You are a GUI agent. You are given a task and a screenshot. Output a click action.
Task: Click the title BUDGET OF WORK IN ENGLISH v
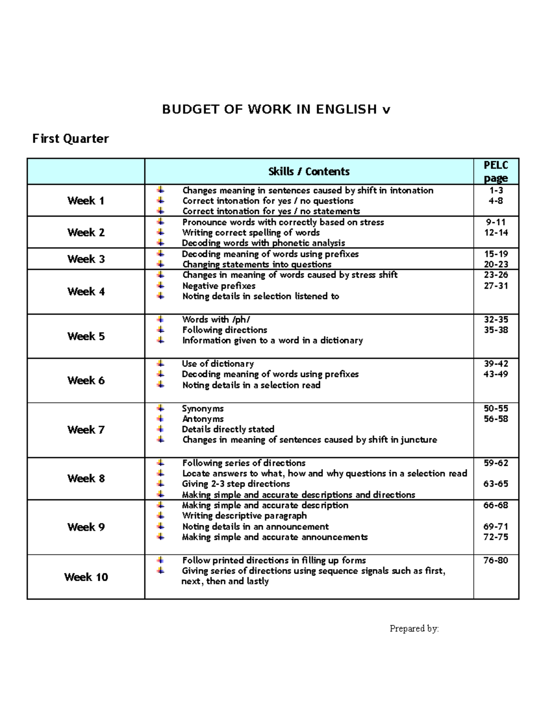pyautogui.click(x=276, y=109)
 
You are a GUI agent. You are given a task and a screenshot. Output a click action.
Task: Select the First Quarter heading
pyautogui.click(x=70, y=138)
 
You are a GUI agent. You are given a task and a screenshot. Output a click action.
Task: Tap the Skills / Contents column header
pyautogui.click(x=309, y=171)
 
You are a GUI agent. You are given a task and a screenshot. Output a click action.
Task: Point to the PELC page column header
pyautogui.click(x=496, y=171)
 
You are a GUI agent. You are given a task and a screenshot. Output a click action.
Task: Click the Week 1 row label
pyautogui.click(x=86, y=200)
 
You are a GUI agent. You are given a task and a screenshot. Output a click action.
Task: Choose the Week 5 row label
pyautogui.click(x=86, y=336)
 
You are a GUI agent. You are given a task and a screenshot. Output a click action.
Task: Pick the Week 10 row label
pyautogui.click(x=86, y=577)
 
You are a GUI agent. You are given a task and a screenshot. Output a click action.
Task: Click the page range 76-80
pyautogui.click(x=496, y=560)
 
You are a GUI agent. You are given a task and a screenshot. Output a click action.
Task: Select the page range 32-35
pyautogui.click(x=496, y=319)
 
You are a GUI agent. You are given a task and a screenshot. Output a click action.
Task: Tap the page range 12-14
pyautogui.click(x=496, y=233)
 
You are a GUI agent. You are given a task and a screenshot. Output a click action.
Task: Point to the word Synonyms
pyautogui.click(x=203, y=408)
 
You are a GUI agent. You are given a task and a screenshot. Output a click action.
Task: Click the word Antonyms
pyautogui.click(x=203, y=419)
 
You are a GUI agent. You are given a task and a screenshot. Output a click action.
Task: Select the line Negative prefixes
pyautogui.click(x=219, y=286)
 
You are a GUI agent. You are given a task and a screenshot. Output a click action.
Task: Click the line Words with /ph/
pyautogui.click(x=216, y=319)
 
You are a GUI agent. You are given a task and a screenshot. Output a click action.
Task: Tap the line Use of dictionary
pyautogui.click(x=218, y=364)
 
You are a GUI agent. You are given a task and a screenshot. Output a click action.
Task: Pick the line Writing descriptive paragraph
pyautogui.click(x=244, y=516)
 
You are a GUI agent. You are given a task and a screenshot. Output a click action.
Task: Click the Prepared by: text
pyautogui.click(x=414, y=628)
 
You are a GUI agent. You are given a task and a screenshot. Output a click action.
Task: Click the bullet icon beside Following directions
pyautogui.click(x=160, y=330)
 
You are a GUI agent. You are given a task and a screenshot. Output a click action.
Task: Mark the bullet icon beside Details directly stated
pyautogui.click(x=160, y=429)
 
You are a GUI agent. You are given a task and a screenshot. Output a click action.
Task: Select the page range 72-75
pyautogui.click(x=496, y=537)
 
